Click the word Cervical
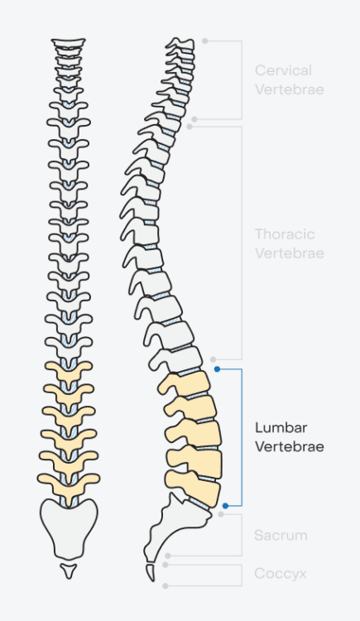283,71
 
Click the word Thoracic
285,235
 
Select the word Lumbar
281,428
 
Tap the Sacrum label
281,536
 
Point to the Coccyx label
281,573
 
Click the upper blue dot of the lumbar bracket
217,368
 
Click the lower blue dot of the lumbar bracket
225,504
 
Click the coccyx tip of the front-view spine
69,570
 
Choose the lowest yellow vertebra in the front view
69,479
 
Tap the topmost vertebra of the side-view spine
180,44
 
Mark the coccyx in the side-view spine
151,571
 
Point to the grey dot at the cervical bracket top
205,40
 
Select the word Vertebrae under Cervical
289,89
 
